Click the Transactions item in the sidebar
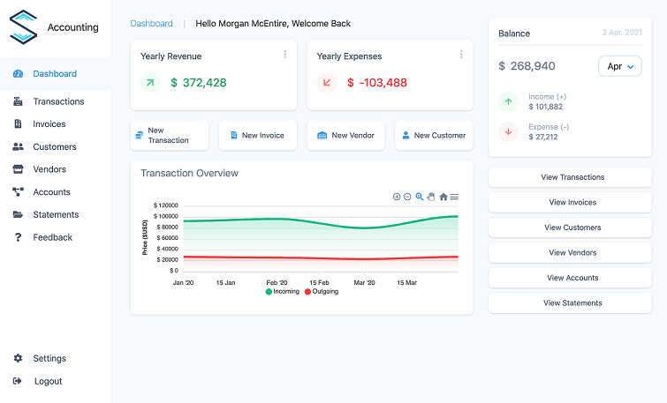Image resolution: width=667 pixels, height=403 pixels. tap(58, 101)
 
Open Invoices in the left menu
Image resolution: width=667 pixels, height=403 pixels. tap(49, 124)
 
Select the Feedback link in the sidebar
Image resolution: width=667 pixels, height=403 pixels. tap(52, 237)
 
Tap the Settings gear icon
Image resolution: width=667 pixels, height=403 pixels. tap(18, 359)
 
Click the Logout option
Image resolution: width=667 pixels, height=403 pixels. tap(48, 381)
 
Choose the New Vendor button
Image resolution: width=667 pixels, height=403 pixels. tap(345, 136)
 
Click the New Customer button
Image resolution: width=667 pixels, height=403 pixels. tap(433, 136)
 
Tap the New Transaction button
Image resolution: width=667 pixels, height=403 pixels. tap(169, 136)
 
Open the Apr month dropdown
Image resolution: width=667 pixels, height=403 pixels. tap(620, 66)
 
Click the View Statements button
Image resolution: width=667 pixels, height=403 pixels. tap(572, 303)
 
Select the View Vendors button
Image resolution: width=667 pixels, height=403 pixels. tap(572, 253)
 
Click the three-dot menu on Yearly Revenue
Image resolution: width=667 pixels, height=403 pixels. tap(284, 55)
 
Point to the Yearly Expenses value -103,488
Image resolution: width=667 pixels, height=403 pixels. tap(377, 83)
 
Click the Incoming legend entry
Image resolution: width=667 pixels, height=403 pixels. tap(282, 291)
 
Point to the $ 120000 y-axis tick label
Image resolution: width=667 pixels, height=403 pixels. tap(166, 205)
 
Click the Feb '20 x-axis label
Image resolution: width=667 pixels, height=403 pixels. tap(277, 283)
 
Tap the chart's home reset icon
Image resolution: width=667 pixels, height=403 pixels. tap(443, 197)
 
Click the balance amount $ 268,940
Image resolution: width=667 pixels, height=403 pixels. tap(527, 66)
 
